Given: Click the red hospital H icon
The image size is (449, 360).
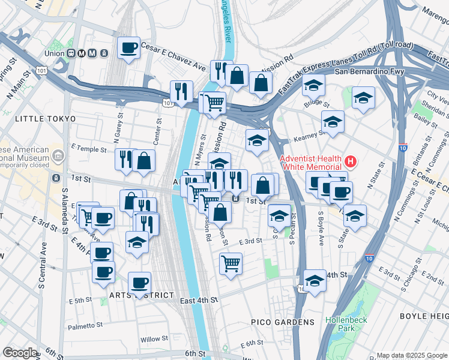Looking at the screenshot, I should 350,162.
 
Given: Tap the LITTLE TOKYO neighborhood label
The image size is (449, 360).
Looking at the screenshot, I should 40,119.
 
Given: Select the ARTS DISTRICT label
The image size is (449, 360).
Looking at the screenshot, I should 142,296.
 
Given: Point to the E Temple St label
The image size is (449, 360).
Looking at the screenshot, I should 88,148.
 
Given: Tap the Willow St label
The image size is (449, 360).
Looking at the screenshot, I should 154,339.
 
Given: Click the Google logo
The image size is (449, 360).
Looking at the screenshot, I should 20,353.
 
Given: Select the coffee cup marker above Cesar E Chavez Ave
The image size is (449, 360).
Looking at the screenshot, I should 128,48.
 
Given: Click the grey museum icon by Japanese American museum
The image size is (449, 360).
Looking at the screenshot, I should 58,157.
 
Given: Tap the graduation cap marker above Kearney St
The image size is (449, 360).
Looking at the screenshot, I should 333,122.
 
